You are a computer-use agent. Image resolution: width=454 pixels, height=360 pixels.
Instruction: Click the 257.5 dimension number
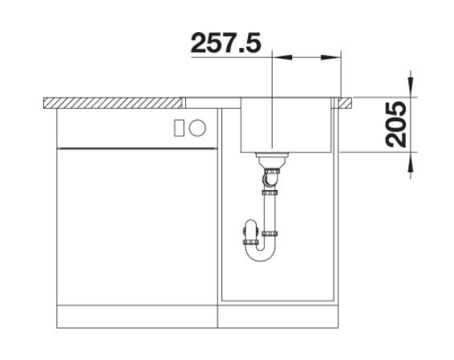[226, 42]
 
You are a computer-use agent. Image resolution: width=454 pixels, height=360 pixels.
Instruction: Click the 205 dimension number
[396, 124]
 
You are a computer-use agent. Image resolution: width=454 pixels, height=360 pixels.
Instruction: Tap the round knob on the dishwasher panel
[197, 127]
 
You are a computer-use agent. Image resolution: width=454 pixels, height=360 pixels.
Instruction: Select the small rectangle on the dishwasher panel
[179, 127]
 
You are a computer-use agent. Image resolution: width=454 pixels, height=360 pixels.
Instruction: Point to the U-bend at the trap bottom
[261, 255]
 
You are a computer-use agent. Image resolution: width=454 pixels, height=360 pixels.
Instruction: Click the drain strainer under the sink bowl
[272, 160]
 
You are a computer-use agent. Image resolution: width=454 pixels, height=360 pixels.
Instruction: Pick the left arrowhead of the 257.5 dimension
[282, 57]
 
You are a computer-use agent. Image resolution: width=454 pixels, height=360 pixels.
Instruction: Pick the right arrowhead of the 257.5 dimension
[330, 57]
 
